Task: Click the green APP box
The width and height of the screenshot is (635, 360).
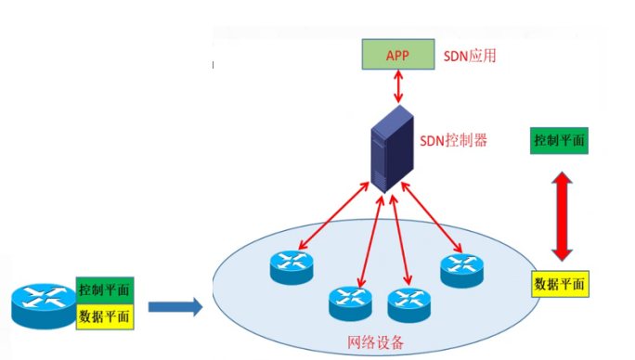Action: (397, 56)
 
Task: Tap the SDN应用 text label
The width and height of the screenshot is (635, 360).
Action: (470, 56)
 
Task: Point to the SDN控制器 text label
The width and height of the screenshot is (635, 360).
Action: (454, 142)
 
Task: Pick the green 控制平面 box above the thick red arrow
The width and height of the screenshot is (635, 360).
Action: (559, 141)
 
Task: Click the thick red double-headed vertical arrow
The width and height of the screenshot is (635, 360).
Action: (560, 213)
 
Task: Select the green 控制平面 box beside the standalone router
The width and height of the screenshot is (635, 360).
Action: (105, 289)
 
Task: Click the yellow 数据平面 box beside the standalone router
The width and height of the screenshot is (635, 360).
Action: (105, 316)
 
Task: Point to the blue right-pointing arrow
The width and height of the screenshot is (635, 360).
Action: (175, 305)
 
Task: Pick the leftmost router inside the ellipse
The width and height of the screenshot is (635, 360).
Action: (293, 268)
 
